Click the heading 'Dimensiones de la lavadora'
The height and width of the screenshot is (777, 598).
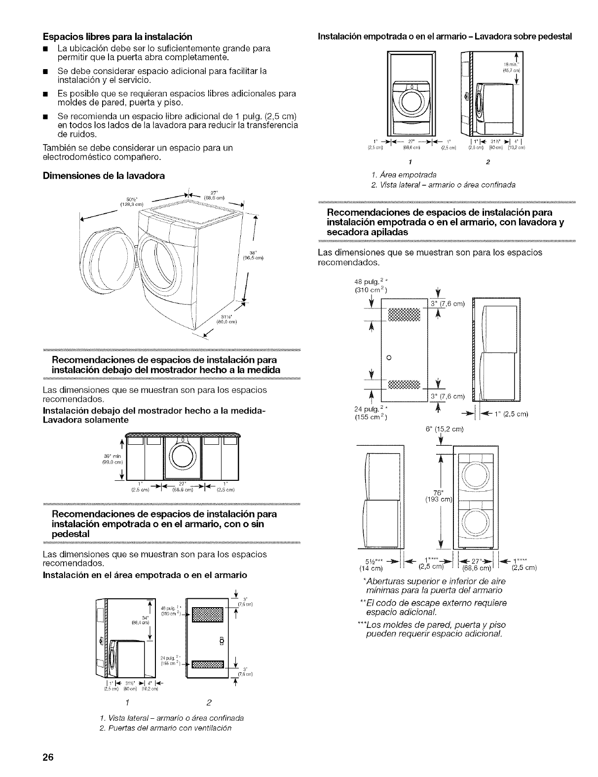104,175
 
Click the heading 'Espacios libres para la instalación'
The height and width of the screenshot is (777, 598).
117,37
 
